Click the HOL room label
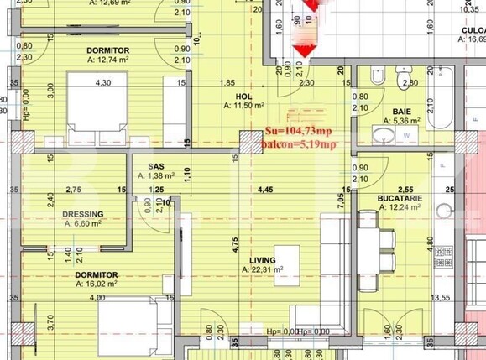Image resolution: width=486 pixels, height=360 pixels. [x=243, y=96]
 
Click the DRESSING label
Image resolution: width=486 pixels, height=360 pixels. [x=83, y=214]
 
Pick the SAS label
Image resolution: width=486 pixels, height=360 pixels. [x=156, y=166]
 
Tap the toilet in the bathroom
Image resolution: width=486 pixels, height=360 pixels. [x=377, y=80]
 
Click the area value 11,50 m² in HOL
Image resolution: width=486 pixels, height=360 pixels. [x=244, y=106]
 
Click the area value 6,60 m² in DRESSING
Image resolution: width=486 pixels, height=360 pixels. [x=83, y=224]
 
